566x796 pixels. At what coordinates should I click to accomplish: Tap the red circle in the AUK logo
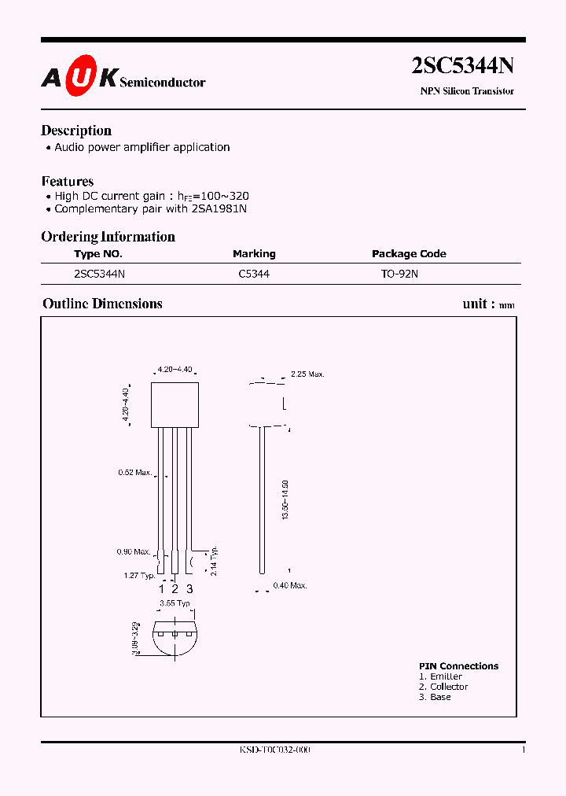(x=79, y=76)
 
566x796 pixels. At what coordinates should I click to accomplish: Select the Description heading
(x=76, y=131)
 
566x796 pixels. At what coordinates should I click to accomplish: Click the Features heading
(x=68, y=181)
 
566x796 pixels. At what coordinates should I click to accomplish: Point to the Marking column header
(x=254, y=254)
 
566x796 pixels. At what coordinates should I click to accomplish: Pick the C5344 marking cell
(x=254, y=274)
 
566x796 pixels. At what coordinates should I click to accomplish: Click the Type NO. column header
(x=98, y=254)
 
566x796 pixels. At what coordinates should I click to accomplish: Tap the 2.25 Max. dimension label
(x=307, y=374)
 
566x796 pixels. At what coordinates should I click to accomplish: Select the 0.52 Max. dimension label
(x=134, y=473)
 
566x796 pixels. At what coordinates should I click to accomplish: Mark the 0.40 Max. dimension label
(x=289, y=585)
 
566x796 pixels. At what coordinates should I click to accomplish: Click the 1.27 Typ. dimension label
(x=139, y=576)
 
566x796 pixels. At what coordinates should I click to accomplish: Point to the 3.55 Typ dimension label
(x=175, y=603)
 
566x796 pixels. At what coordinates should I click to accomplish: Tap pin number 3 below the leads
(x=189, y=588)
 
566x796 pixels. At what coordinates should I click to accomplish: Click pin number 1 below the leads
(x=161, y=588)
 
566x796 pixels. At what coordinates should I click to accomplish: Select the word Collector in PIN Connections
(x=449, y=687)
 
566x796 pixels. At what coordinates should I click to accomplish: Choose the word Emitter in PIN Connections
(x=446, y=676)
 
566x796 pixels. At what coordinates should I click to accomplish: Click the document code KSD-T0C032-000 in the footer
(x=275, y=750)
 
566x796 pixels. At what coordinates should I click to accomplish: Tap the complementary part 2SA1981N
(x=219, y=209)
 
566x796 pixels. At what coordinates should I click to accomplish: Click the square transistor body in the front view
(x=175, y=404)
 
